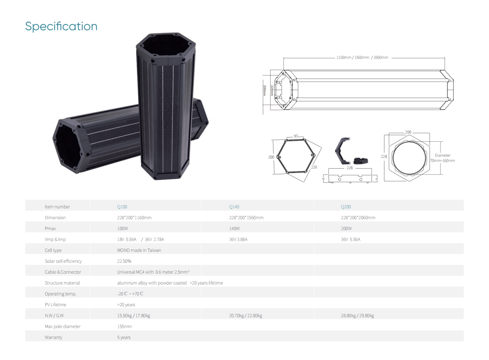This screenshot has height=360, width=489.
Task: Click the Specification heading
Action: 61,26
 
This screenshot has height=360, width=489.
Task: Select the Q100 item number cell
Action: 122,206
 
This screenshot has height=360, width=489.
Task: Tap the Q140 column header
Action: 234,206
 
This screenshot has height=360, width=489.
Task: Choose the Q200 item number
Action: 346,206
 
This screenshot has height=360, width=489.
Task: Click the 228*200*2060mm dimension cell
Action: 358,217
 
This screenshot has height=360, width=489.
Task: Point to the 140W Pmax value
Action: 234,228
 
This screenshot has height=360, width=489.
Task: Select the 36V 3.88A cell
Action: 238,239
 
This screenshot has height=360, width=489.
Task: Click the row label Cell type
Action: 53,250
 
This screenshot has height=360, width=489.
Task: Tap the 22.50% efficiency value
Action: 124,261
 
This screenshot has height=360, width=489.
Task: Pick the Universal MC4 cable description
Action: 153,272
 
